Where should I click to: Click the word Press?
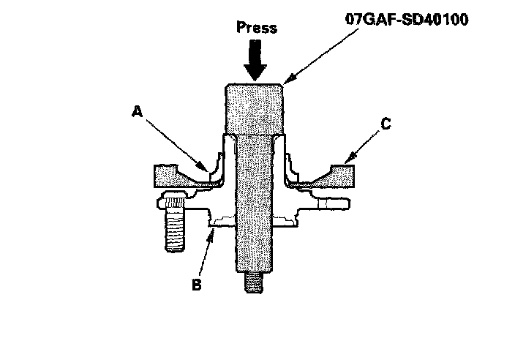(257, 29)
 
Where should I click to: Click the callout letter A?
(136, 112)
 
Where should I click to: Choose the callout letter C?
(387, 124)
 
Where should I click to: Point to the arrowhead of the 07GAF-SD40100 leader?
(286, 82)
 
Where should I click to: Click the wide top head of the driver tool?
(255, 110)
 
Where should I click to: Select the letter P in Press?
(241, 29)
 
